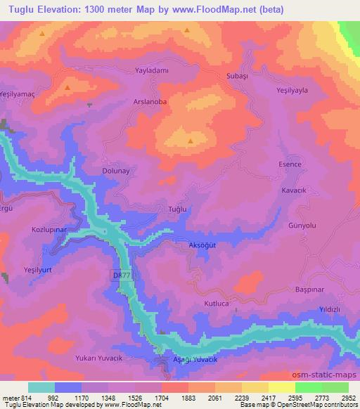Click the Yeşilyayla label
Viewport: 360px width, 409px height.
(294, 91)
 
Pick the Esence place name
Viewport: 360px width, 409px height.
(290, 164)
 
